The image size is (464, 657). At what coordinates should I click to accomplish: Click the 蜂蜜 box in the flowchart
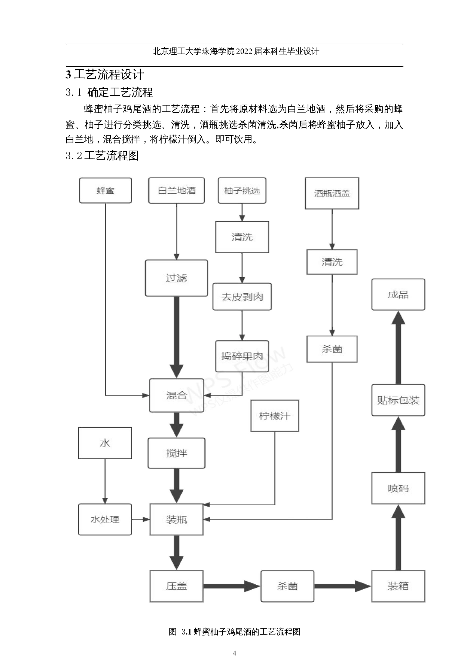[105, 191]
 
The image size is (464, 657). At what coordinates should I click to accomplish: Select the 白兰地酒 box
[177, 191]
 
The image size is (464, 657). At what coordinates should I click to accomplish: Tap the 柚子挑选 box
[242, 191]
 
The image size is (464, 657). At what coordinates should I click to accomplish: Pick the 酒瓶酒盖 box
[332, 193]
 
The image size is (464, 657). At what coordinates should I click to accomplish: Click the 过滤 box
[176, 278]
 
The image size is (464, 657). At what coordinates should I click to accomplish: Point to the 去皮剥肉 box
[242, 297]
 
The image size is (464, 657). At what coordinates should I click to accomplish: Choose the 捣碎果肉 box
[242, 356]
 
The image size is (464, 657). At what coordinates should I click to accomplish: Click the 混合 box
[176, 395]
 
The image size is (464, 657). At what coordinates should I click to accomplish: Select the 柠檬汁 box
[274, 416]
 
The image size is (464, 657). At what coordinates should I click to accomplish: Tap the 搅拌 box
[176, 453]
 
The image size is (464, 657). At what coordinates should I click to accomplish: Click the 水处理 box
[105, 519]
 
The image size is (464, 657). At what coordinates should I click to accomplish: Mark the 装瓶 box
[176, 519]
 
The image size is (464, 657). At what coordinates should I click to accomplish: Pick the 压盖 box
[176, 586]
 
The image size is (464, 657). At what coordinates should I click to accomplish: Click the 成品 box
[398, 294]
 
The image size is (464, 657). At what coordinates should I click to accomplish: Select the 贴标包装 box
[398, 400]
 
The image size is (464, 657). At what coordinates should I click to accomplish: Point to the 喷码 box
[398, 488]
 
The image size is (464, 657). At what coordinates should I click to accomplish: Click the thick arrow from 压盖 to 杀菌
[232, 586]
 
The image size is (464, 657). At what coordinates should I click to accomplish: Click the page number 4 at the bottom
[235, 642]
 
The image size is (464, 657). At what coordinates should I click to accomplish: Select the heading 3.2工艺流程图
[102, 155]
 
